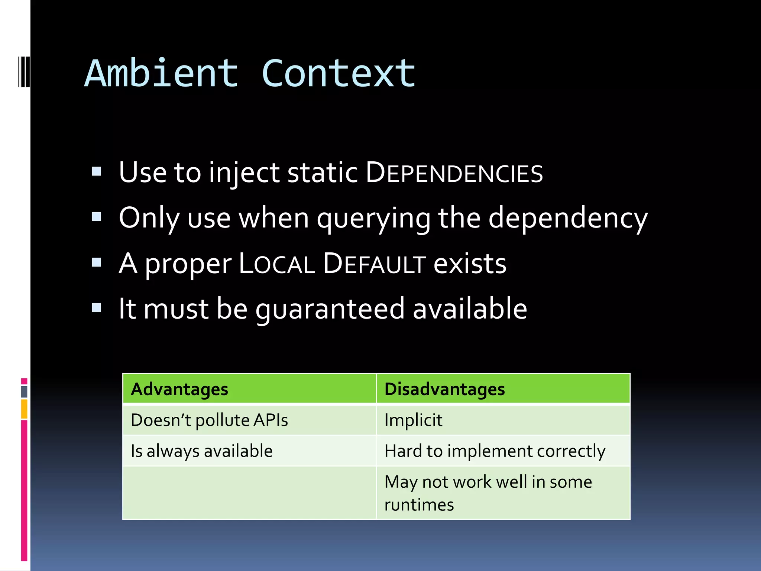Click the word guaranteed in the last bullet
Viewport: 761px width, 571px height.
point(330,309)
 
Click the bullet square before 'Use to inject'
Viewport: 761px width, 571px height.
point(97,171)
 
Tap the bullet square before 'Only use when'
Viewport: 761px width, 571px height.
point(97,217)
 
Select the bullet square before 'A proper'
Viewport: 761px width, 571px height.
point(97,262)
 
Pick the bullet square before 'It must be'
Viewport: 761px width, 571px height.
point(97,308)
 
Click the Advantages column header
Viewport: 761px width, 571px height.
point(179,389)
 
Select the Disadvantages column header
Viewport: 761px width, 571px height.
point(444,389)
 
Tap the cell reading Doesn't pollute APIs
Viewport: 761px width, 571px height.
point(209,420)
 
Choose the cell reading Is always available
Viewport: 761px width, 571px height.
point(202,451)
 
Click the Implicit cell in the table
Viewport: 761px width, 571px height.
point(413,420)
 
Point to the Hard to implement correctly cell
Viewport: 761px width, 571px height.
point(495,451)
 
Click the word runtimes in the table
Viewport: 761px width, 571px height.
point(419,505)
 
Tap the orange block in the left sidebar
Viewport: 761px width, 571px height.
point(24,409)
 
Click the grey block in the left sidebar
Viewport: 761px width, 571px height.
point(24,391)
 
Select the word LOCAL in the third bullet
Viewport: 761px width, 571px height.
point(276,264)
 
